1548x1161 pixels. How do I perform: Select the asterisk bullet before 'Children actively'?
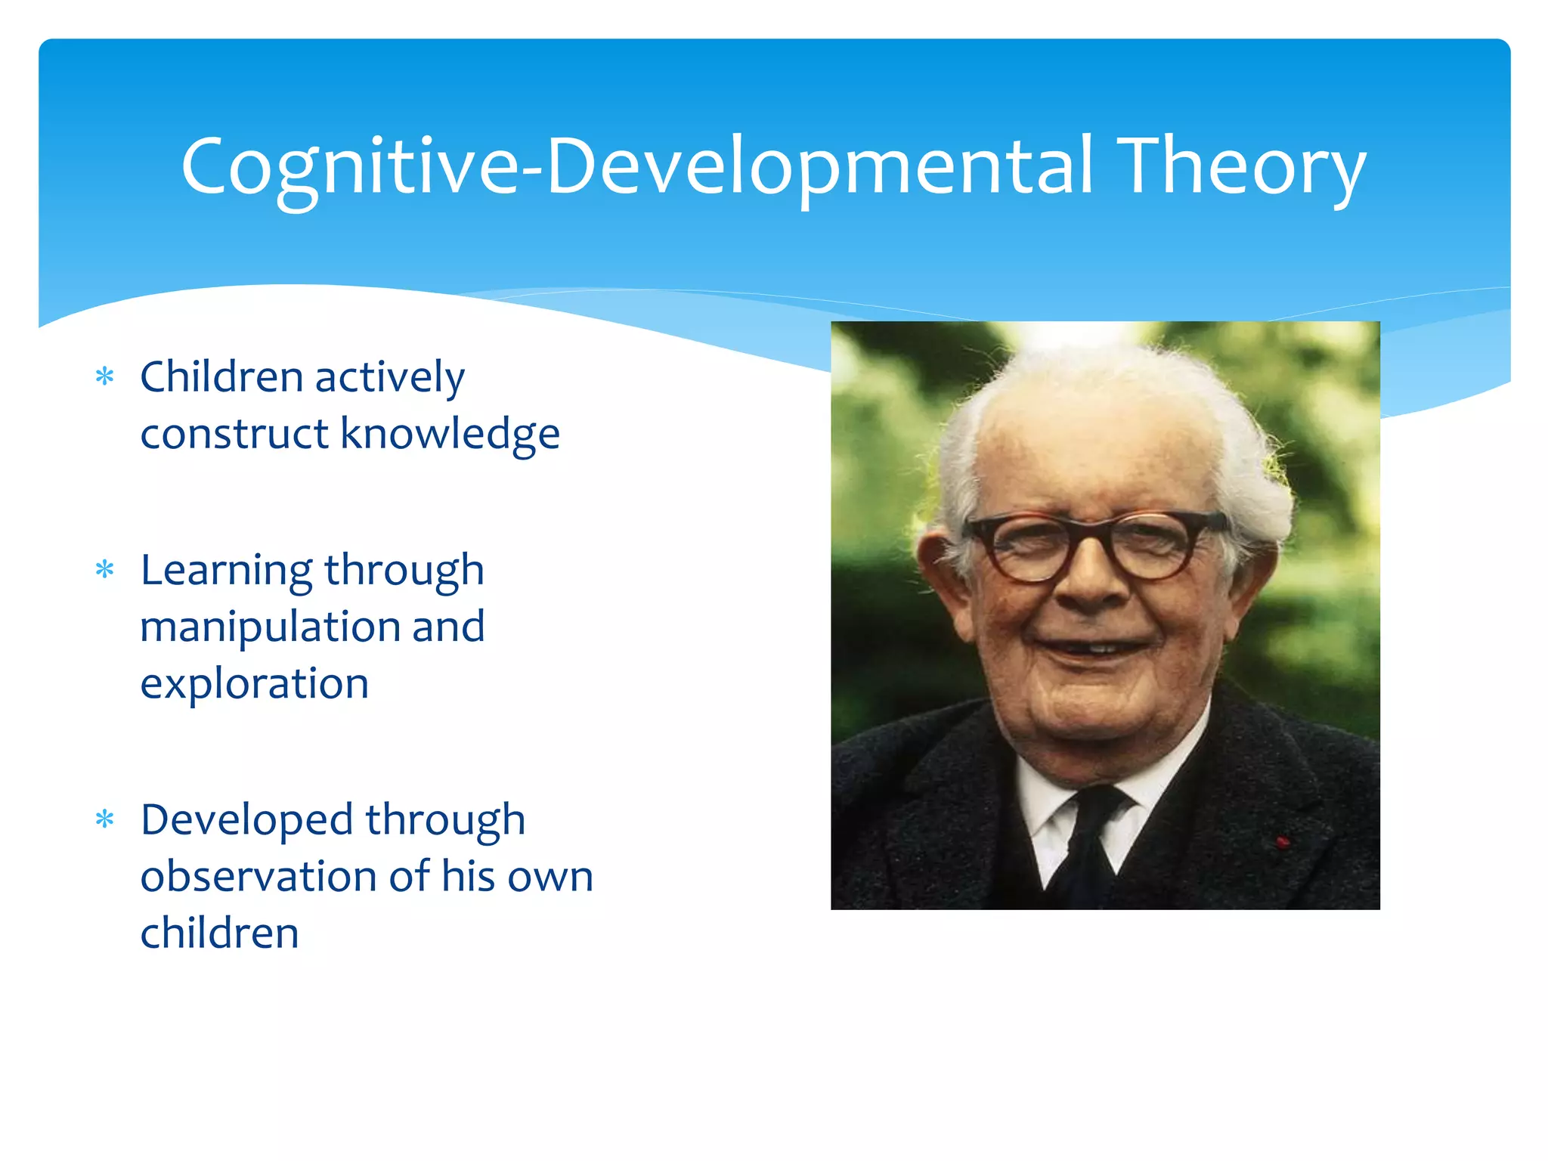105,376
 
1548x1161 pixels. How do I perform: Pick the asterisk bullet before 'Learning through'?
105,569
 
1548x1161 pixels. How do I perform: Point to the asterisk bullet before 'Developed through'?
105,819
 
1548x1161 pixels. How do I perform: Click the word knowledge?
450,435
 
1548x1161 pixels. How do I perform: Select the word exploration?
254,684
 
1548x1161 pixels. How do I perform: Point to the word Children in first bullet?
221,376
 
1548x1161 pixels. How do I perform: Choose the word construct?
234,435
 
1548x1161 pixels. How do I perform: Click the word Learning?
226,571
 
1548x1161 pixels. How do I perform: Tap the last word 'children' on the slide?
219,933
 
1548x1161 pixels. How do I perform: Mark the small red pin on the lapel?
1282,841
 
